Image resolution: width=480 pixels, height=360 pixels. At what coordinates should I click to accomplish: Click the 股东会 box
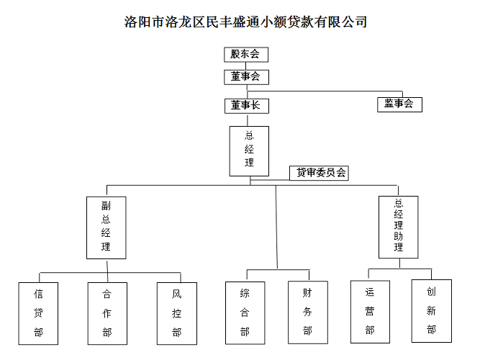[245, 55]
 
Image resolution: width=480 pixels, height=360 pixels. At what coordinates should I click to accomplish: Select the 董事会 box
[245, 76]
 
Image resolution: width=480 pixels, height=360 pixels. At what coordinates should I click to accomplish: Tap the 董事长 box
[245, 105]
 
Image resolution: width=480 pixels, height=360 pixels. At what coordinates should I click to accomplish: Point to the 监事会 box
[399, 104]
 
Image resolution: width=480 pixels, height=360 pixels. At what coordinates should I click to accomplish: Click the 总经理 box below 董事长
[249, 151]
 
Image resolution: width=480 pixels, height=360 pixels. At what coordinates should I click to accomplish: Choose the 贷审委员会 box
[319, 173]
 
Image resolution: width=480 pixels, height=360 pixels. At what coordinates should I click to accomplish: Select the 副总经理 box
[106, 227]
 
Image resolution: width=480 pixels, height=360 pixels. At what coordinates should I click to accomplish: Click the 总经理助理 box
[398, 227]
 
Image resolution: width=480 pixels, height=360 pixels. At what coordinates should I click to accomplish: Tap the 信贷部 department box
[38, 312]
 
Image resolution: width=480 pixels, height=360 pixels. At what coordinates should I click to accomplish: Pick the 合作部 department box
[107, 312]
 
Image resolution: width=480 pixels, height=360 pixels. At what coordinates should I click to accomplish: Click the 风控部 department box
[177, 312]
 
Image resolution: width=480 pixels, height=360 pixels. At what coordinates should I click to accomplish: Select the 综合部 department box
[245, 312]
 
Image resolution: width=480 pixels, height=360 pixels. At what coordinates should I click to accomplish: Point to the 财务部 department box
[307, 312]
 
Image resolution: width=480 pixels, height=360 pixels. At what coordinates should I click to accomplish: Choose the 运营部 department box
[370, 311]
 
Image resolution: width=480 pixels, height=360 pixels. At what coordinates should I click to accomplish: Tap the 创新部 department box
[431, 310]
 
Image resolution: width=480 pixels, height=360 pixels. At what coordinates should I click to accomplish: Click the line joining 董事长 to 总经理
[247, 120]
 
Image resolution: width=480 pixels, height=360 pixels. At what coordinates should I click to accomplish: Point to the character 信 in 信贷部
[38, 294]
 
